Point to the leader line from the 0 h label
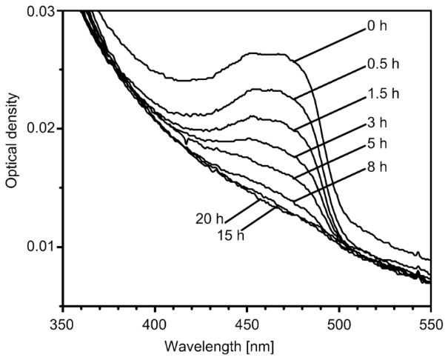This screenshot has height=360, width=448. [x=321, y=44]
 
